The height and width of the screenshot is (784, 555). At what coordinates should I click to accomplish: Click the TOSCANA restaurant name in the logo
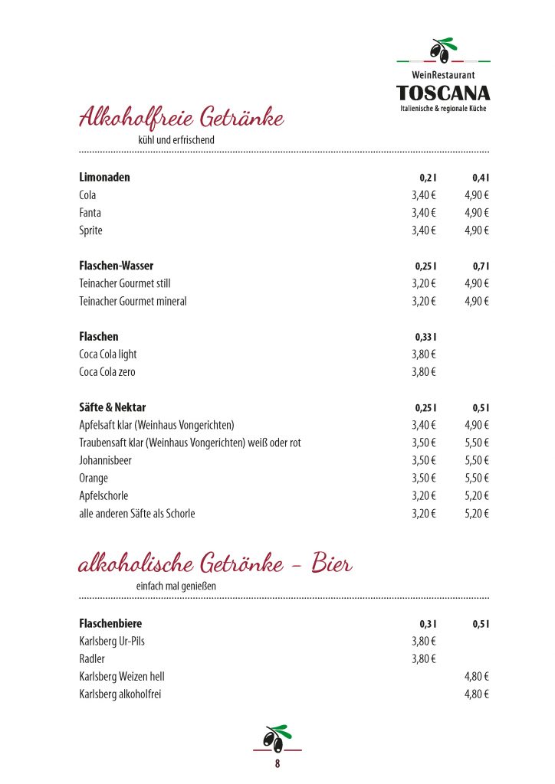tap(443, 93)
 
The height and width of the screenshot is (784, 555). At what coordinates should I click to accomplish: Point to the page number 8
tap(277, 763)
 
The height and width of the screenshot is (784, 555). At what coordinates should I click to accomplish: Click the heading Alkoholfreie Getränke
tap(182, 119)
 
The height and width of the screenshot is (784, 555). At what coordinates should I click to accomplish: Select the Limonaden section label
tap(104, 178)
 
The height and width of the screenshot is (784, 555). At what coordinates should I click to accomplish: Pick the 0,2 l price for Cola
tap(423, 195)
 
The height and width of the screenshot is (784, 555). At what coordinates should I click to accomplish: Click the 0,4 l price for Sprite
tap(477, 230)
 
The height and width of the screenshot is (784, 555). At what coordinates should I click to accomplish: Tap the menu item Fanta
tap(90, 213)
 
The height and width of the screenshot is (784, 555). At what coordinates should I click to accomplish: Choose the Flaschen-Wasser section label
tap(116, 266)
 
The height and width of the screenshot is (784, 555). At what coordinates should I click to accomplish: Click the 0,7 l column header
tap(481, 266)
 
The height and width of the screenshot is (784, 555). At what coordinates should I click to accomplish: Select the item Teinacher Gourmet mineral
tap(133, 301)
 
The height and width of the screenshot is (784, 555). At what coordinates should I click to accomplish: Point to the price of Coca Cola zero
tap(423, 372)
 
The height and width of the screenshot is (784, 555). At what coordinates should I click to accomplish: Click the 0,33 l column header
tap(425, 337)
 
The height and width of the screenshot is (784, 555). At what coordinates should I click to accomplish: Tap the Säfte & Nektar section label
tap(112, 407)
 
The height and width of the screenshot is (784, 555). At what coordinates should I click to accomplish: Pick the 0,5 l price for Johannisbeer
tap(477, 460)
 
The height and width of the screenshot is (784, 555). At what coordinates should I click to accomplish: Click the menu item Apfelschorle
tap(103, 495)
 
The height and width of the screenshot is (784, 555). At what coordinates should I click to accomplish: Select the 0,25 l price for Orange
tap(423, 478)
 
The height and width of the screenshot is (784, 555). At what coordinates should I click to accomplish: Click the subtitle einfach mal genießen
tap(176, 586)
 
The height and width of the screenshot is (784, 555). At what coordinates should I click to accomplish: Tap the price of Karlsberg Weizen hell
tap(477, 677)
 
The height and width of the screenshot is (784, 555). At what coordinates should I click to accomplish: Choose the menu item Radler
tap(92, 659)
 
